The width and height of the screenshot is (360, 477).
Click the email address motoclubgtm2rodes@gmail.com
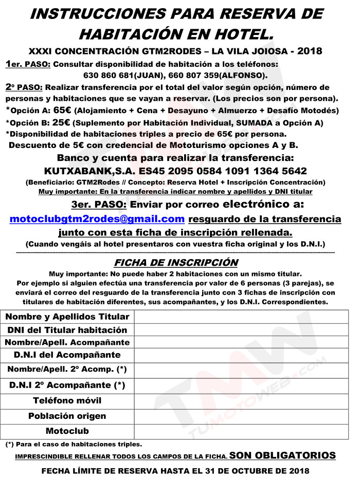[x=97, y=219]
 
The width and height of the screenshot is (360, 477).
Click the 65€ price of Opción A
[x=62, y=110]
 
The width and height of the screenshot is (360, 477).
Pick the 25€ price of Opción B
[x=61, y=122]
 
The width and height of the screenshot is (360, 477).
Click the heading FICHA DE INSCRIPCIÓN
[x=176, y=263]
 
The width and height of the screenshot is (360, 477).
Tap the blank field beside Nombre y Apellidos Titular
[x=242, y=317]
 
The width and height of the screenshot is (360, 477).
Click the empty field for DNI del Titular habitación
[x=242, y=330]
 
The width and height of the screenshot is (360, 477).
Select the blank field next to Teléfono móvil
[x=242, y=400]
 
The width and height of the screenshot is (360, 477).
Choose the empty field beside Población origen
[x=242, y=416]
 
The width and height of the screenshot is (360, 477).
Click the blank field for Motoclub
[x=242, y=431]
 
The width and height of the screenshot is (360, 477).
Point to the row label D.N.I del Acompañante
[x=67, y=355]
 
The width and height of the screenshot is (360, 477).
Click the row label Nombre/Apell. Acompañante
[x=67, y=342]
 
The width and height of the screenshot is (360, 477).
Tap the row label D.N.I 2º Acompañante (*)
[x=67, y=385]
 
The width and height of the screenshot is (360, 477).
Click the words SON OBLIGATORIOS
[x=282, y=455]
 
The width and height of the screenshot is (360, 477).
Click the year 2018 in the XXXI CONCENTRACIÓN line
[x=310, y=51]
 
